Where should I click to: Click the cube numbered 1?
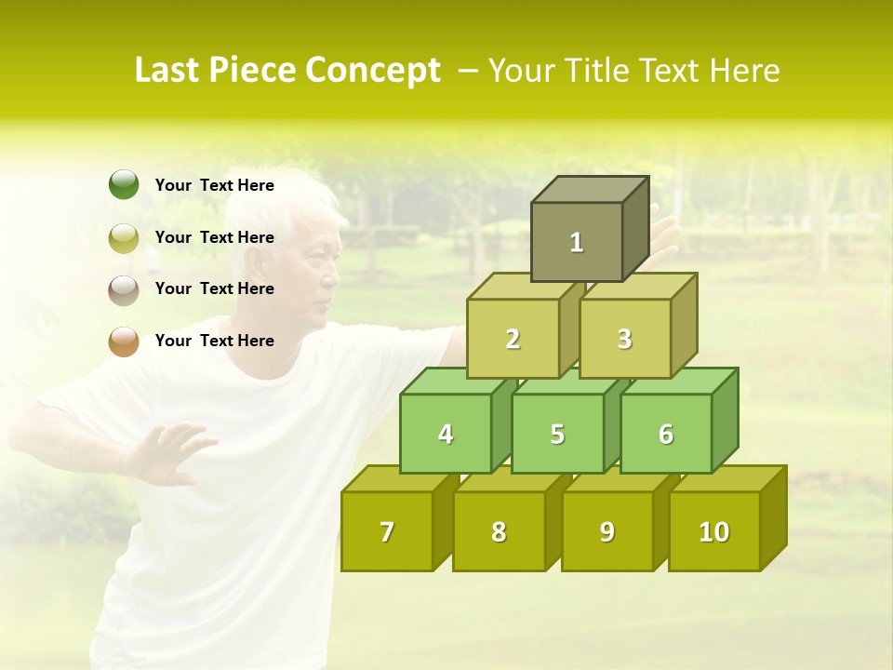point(577,242)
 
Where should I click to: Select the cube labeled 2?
point(513,339)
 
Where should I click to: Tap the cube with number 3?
point(624,339)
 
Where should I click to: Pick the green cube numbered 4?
point(446,434)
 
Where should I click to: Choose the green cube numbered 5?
point(557,434)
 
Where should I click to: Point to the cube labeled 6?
point(666,434)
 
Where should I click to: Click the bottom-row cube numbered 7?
point(387,531)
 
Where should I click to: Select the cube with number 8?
point(499,531)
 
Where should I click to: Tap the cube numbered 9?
point(606,531)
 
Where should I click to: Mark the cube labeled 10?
point(713,531)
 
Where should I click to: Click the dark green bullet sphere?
point(124,185)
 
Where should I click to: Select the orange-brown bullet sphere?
point(124,341)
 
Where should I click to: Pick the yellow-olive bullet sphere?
point(124,237)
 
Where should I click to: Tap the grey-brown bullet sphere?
point(124,289)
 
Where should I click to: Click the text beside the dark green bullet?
point(215,185)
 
